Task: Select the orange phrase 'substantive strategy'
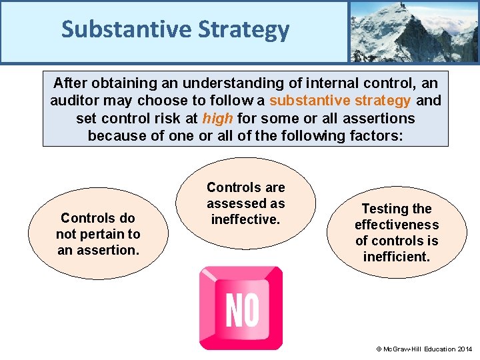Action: (340, 101)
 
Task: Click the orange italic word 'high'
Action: (217, 119)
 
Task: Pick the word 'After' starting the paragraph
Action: (71, 83)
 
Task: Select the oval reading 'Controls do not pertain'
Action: (97, 234)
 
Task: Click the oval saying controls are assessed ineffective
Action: (245, 203)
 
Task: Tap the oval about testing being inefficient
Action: (397, 232)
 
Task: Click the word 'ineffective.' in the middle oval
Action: (245, 219)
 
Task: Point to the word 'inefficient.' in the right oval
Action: (397, 257)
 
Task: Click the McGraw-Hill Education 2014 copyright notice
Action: (424, 349)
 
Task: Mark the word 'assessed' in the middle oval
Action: (245, 203)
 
